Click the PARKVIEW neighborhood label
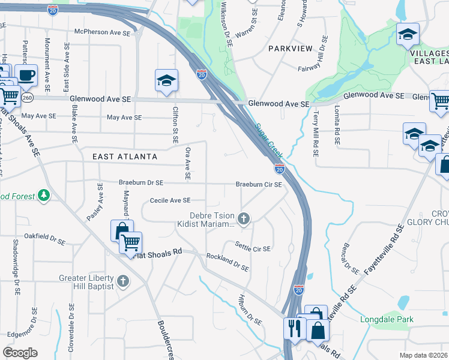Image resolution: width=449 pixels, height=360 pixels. coord(291,48)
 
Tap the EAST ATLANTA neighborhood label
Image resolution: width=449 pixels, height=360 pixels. coord(125,157)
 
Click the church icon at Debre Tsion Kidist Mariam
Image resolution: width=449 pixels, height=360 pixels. coord(244,219)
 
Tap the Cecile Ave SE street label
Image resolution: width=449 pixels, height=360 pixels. coord(170,200)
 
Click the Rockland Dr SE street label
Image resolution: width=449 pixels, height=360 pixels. coord(228,261)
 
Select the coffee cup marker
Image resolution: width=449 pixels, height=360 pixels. coord(26,76)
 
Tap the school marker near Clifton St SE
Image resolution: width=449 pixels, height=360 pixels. coord(166,81)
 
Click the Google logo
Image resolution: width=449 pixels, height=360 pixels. coord(20,352)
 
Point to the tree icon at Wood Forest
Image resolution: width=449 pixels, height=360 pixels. coord(43,195)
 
